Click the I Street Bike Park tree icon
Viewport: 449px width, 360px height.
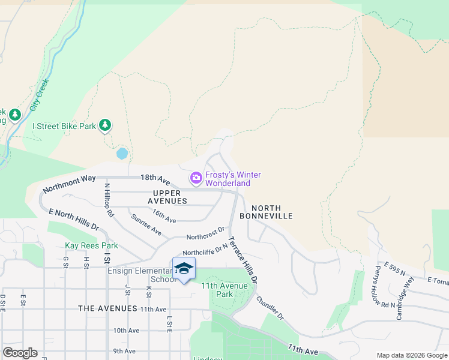[106, 125]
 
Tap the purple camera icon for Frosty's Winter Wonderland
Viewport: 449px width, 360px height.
[196, 178]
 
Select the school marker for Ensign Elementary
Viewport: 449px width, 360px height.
[184, 269]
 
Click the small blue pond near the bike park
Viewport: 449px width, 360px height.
[122, 154]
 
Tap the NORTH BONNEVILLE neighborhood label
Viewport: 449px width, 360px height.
[266, 211]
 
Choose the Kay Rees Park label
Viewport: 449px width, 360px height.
[91, 245]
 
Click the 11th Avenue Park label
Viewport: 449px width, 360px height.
[224, 290]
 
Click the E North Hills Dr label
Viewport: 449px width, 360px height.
[73, 220]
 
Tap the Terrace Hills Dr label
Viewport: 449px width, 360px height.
[243, 260]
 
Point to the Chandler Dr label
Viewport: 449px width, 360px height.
[270, 307]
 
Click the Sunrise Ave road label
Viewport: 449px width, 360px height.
[146, 224]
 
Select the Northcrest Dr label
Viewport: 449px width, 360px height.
[205, 233]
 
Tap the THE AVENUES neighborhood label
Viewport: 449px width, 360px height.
[107, 308]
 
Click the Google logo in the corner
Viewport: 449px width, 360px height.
[20, 353]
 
